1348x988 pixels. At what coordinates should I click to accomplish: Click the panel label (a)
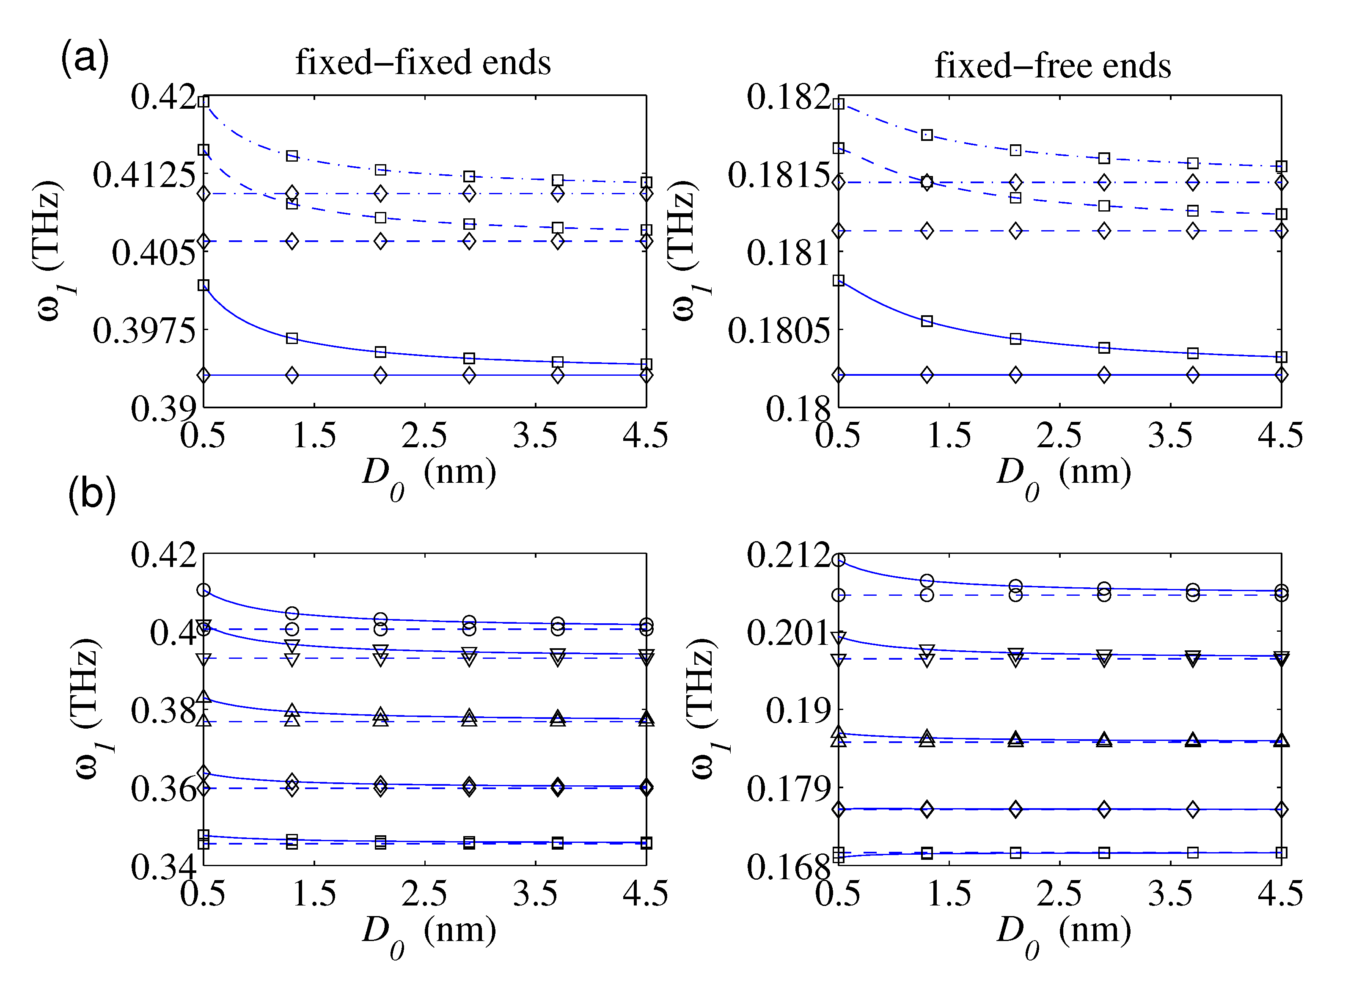click(x=85, y=58)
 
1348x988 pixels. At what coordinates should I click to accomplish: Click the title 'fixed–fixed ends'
click(x=423, y=62)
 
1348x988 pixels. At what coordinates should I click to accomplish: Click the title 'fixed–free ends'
click(x=1053, y=65)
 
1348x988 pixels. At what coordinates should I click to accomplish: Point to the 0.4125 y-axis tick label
click(x=143, y=175)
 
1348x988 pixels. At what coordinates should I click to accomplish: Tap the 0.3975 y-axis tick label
click(x=143, y=331)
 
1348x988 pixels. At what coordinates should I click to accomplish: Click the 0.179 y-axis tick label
click(x=788, y=790)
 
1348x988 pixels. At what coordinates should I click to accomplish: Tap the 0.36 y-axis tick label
click(x=162, y=790)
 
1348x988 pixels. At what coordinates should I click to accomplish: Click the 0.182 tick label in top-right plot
click(x=788, y=97)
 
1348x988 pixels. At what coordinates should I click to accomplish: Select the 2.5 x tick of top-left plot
click(x=424, y=435)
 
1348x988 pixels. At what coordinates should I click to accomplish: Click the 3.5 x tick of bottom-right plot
click(x=1170, y=894)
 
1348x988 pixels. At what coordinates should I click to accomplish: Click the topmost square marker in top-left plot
click(x=204, y=102)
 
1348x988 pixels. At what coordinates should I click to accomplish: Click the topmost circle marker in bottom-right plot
click(x=839, y=560)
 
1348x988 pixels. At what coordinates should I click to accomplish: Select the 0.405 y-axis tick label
click(x=153, y=253)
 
